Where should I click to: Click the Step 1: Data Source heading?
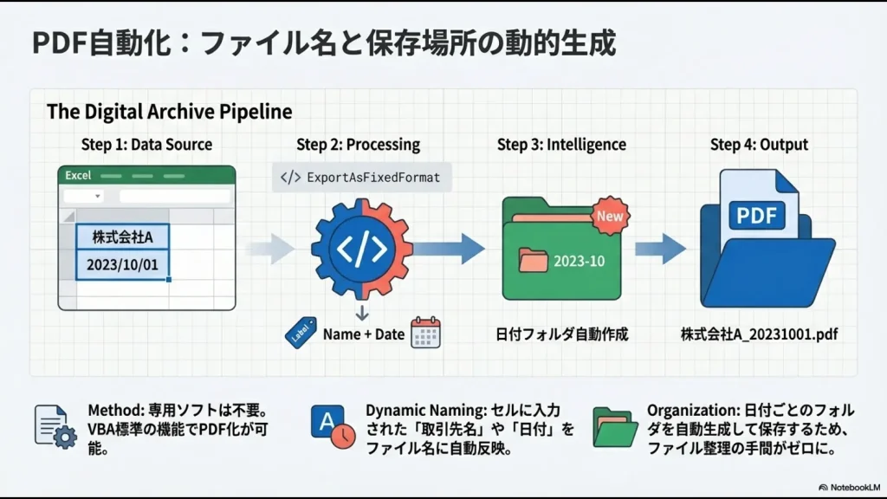click(x=146, y=145)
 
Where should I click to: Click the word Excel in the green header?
click(x=79, y=175)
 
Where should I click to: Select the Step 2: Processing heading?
click(x=358, y=145)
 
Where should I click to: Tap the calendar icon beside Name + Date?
click(x=425, y=333)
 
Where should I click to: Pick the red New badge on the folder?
click(x=610, y=216)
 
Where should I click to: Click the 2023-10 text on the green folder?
click(x=579, y=261)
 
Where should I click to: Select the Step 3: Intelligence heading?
click(x=560, y=145)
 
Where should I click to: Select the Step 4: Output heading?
click(x=759, y=145)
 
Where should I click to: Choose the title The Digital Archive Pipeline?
click(x=169, y=112)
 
